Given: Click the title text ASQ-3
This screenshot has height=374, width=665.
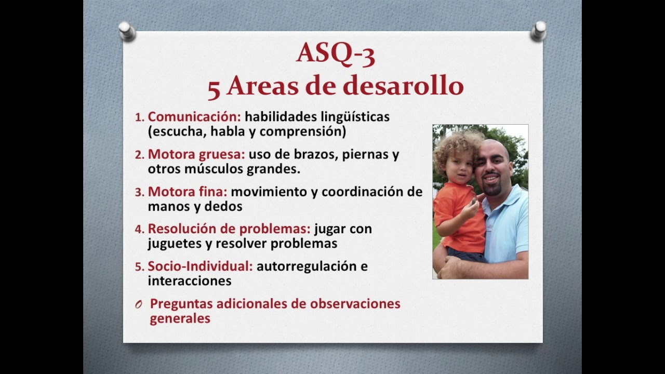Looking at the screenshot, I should click(x=335, y=53).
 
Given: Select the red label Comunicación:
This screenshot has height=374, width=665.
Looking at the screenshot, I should click(x=194, y=117).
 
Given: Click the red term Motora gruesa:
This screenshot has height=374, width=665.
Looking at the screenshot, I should click(x=196, y=155).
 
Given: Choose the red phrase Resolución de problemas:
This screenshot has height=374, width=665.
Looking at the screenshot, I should click(x=229, y=229).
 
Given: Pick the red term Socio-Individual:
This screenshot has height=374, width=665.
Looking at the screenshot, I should click(x=200, y=266).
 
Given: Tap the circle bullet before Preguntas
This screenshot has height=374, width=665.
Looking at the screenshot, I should click(x=139, y=305).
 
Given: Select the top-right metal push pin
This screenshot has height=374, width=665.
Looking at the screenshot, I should click(x=538, y=31).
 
